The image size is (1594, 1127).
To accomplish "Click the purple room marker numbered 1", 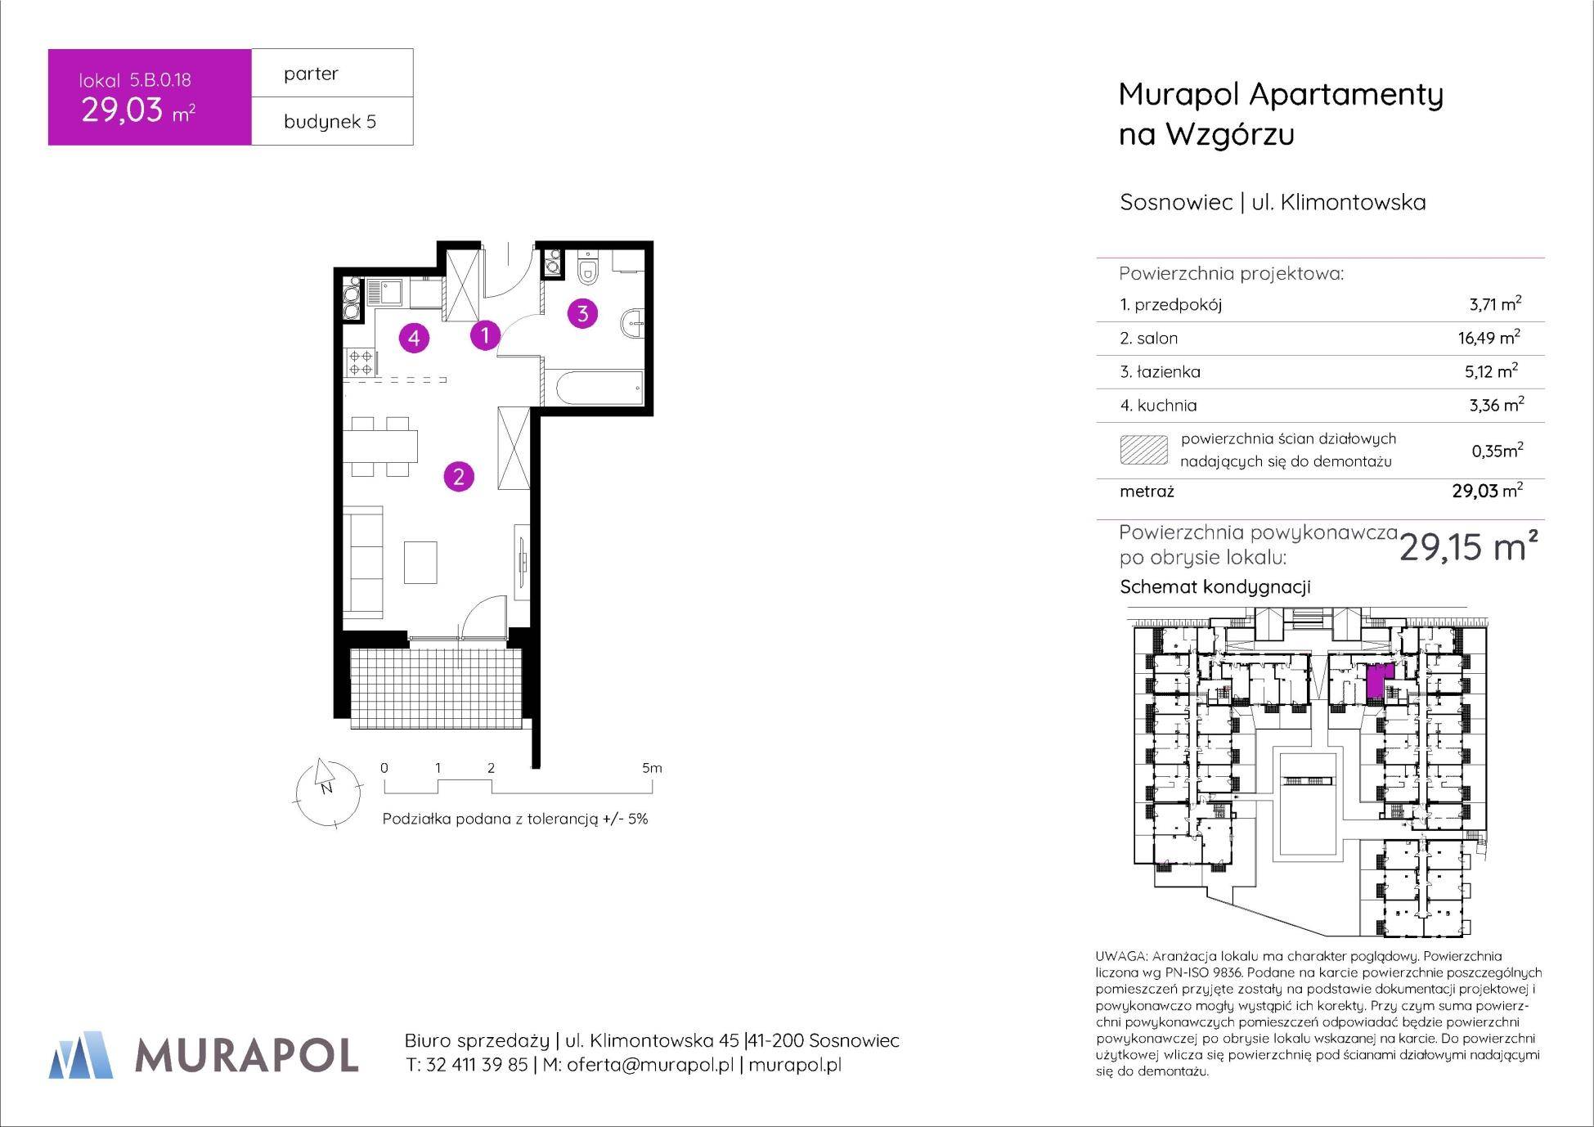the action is (485, 335).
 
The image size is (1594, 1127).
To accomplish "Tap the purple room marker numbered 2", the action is (459, 477).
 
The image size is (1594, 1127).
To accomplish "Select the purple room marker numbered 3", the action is (582, 312).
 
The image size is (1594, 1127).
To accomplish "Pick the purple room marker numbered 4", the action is (415, 337).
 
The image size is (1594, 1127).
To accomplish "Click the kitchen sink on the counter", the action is (384, 293).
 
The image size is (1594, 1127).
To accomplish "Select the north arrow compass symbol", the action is (325, 788).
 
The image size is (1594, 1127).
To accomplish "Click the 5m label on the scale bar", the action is (652, 768).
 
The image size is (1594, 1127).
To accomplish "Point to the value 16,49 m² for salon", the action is (1488, 337).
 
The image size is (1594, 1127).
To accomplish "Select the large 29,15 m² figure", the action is (1469, 546).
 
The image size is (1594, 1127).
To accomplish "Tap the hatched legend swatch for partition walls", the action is (1143, 450).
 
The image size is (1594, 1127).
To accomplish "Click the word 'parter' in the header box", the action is (311, 74).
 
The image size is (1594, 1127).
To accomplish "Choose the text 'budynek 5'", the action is (330, 122).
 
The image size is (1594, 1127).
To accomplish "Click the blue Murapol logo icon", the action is (81, 1055).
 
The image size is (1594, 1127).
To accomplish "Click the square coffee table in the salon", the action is (420, 563).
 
